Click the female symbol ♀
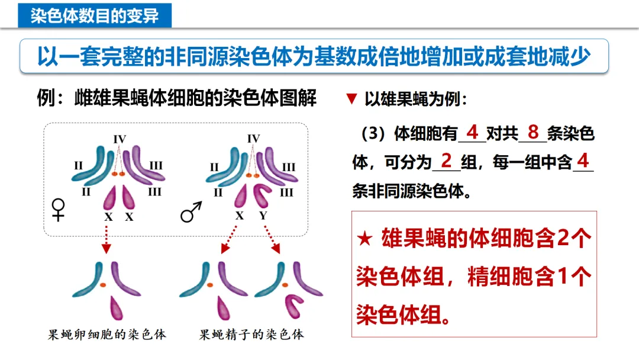pyautogui.click(x=59, y=210)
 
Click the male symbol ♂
pyautogui.click(x=191, y=211)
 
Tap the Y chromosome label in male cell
pyautogui.click(x=263, y=216)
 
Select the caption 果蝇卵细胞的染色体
pyautogui.click(x=107, y=335)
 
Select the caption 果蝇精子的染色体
pyautogui.click(x=251, y=335)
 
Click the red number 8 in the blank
pyautogui.click(x=534, y=132)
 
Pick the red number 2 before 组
pyautogui.click(x=447, y=160)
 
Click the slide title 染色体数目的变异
pyautogui.click(x=95, y=15)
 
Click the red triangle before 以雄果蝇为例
pyautogui.click(x=351, y=99)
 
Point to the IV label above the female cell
pyautogui.click(x=120, y=139)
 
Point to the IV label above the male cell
pyautogui.click(x=253, y=139)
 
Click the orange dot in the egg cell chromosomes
pyautogui.click(x=102, y=285)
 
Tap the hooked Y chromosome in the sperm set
pyautogui.click(x=294, y=304)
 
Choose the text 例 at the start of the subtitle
pyautogui.click(x=46, y=98)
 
